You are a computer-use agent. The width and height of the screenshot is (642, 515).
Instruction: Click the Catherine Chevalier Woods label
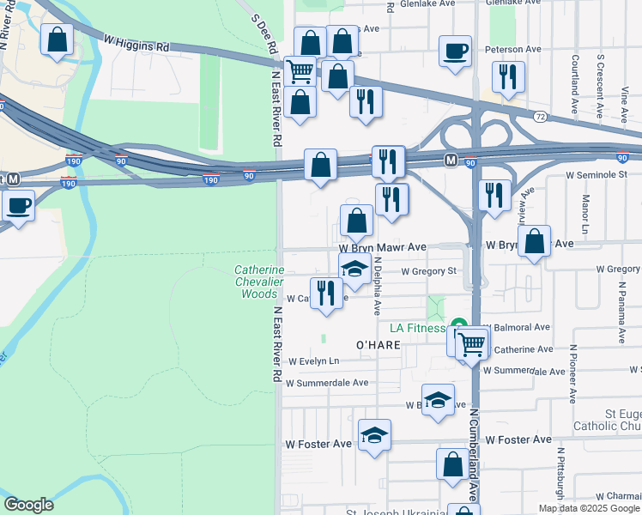(259, 282)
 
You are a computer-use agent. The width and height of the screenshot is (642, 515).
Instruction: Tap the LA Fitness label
(417, 328)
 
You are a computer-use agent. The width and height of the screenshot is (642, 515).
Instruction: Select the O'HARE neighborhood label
(379, 344)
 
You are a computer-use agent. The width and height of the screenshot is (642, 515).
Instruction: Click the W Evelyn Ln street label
(314, 361)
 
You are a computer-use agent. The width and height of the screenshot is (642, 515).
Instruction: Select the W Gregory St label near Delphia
(427, 271)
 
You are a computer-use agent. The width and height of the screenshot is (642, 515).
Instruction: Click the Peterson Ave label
(513, 49)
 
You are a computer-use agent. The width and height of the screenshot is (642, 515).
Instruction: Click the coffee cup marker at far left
(18, 205)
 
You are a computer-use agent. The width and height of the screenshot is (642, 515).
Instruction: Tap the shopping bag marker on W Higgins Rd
(57, 39)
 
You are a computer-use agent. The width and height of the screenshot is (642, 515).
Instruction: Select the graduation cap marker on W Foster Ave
(374, 436)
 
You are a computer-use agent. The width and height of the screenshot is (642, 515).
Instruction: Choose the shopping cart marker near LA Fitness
(471, 345)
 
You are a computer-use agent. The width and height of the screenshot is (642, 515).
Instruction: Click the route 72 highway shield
(540, 115)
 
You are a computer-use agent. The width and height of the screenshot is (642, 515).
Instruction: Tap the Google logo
(28, 505)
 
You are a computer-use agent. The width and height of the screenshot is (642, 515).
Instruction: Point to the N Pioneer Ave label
(571, 373)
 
